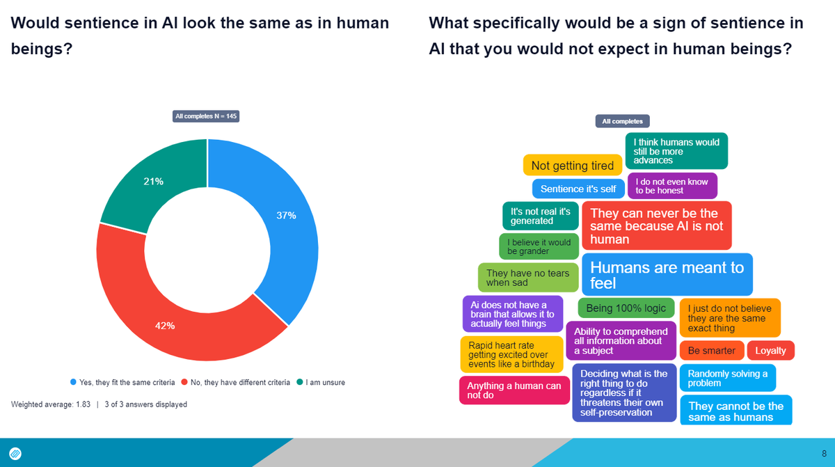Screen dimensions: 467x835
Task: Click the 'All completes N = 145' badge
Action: tap(206, 116)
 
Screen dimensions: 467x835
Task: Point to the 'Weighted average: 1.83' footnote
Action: tap(50, 404)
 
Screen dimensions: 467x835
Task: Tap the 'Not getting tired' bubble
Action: tap(572, 165)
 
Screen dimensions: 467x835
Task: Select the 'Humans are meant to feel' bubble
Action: tap(667, 275)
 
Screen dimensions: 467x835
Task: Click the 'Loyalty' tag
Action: tap(770, 350)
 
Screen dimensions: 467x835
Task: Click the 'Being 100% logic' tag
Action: tap(626, 308)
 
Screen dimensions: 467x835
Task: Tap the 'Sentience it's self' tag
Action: tap(578, 189)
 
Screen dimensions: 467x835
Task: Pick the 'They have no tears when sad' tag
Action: tap(527, 278)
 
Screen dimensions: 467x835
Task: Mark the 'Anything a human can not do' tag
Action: tap(514, 390)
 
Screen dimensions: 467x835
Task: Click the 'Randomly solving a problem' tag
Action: tap(727, 378)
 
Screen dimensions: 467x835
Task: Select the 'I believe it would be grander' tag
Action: tap(539, 246)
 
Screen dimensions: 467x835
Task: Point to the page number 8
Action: tap(824, 452)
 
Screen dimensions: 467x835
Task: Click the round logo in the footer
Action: tap(15, 452)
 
